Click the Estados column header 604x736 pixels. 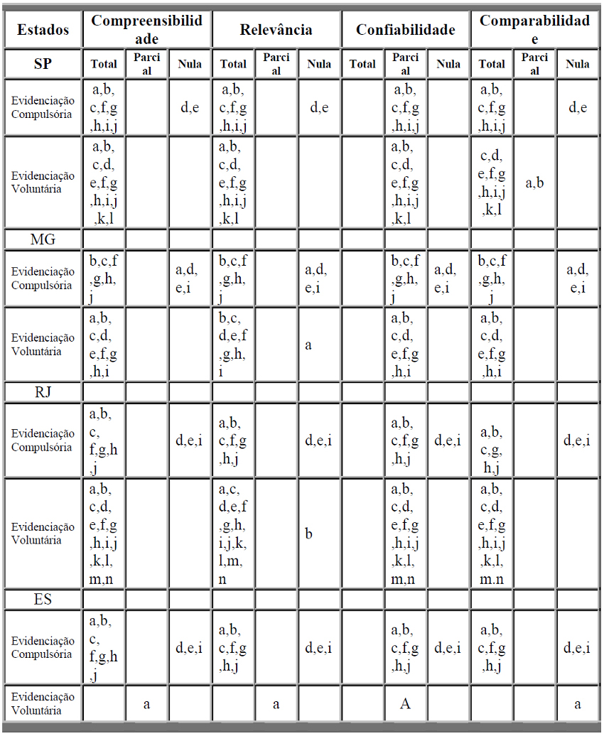tap(43, 29)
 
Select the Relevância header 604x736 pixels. tap(276, 29)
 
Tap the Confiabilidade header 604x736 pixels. tap(405, 29)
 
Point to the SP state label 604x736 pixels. tap(43, 64)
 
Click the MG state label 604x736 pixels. tap(43, 239)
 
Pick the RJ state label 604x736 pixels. tap(43, 392)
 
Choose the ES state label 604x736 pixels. tap(43, 599)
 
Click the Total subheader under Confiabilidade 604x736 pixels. tap(362, 64)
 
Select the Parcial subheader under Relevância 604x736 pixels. tap(276, 64)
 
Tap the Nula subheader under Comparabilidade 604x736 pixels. tap(577, 64)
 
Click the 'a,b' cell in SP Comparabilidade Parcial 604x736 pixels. tap(534, 183)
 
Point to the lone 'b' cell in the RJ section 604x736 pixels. tap(309, 534)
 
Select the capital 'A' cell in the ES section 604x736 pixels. tap(405, 703)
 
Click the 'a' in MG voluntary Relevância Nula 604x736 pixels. tap(309, 345)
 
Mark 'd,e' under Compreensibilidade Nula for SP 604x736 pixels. tap(190, 108)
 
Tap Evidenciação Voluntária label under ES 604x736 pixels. tap(43, 703)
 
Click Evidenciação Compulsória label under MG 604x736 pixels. tap(43, 278)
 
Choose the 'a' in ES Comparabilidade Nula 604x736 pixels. tap(577, 704)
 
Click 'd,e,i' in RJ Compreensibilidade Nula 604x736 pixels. tap(189, 440)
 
